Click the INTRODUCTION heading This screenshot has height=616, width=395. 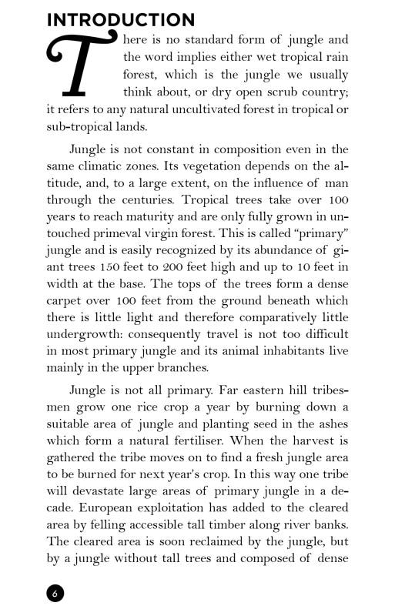click(x=121, y=20)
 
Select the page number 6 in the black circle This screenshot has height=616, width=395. click(x=55, y=593)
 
